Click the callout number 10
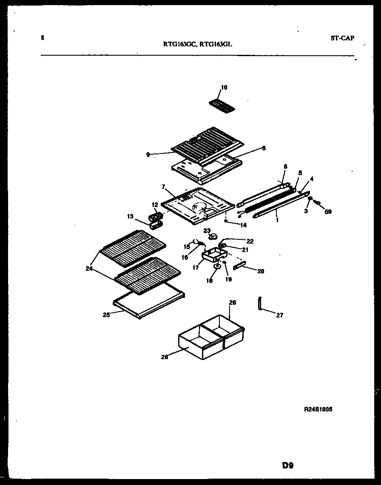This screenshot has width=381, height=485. click(x=224, y=88)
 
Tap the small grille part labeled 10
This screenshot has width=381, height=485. click(x=222, y=105)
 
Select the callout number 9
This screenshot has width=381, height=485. click(x=148, y=155)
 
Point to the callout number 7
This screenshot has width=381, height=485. click(x=162, y=187)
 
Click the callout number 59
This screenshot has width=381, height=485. click(x=328, y=211)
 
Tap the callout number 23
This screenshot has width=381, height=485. click(x=207, y=231)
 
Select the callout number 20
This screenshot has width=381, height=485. click(x=260, y=271)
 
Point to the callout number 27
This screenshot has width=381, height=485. click(x=279, y=315)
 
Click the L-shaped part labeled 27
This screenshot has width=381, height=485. click(x=259, y=303)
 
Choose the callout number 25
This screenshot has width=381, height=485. click(x=106, y=315)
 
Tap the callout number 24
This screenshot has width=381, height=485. click(x=88, y=268)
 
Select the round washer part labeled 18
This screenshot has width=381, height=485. click(x=217, y=267)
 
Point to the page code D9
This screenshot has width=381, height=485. click(x=287, y=465)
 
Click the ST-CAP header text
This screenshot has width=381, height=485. click(x=342, y=38)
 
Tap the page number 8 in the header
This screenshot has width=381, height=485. click(x=42, y=37)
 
